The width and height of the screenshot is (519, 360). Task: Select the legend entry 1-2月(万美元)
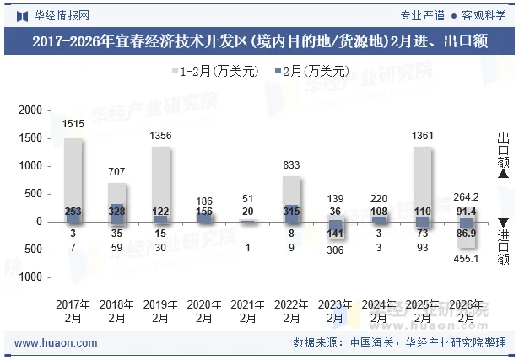[215, 72]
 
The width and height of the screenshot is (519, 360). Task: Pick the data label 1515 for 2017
[73, 124]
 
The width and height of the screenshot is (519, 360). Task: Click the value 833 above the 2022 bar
[292, 164]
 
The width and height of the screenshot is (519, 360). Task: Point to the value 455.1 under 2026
[467, 259]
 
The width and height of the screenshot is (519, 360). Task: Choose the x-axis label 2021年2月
[248, 311]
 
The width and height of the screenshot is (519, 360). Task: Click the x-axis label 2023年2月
[335, 311]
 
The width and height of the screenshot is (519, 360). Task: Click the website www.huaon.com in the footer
[57, 343]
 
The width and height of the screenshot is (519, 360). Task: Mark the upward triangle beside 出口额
[503, 175]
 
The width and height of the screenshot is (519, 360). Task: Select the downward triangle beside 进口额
[503, 222]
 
